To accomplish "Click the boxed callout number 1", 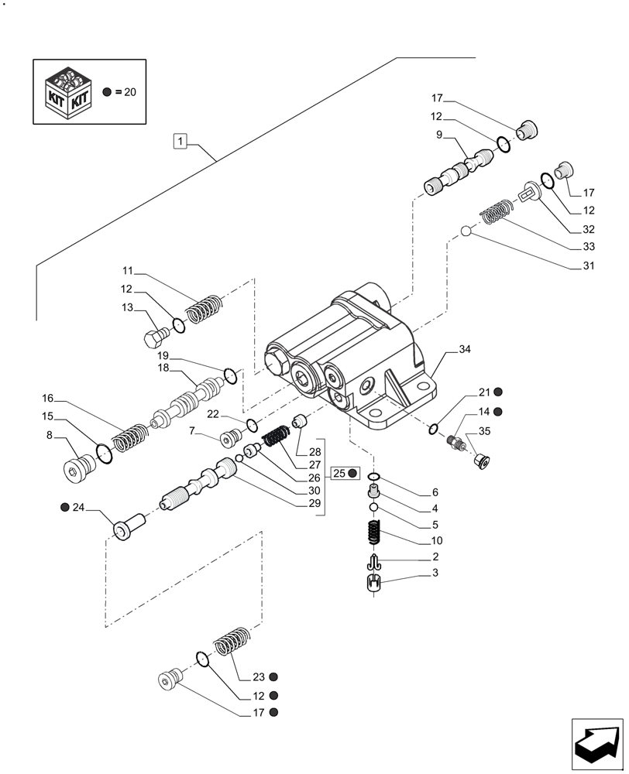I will tap(180, 141).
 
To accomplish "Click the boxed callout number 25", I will tap(339, 473).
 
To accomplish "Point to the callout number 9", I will tap(438, 135).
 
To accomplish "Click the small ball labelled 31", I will tap(466, 231).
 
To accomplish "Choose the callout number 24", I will tap(77, 508).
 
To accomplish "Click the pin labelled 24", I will tap(126, 528).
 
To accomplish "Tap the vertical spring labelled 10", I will tap(373, 533).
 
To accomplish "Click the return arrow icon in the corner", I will tap(596, 743).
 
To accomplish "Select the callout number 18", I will tap(163, 370).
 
